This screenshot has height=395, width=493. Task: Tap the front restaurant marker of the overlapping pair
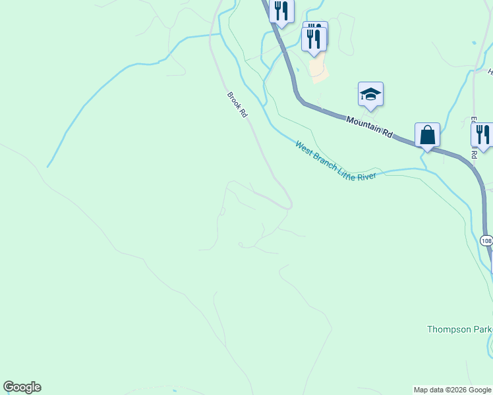[x=314, y=38]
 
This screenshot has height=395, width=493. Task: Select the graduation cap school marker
[x=370, y=95]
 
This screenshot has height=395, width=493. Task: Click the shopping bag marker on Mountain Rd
[x=427, y=136]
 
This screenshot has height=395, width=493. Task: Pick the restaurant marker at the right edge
[x=482, y=134]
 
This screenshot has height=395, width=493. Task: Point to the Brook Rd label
[x=237, y=105]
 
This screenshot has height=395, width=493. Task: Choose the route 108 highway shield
[x=486, y=241]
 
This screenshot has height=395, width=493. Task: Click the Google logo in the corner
[x=22, y=387]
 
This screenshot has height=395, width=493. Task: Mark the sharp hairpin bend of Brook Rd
[x=289, y=205]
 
